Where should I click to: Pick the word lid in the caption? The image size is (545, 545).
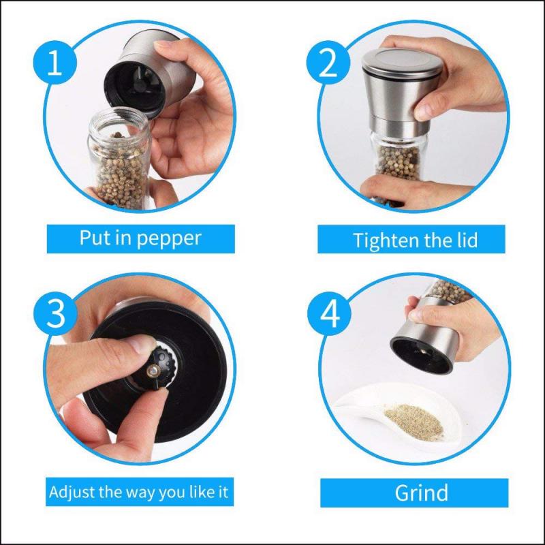pos(463,239)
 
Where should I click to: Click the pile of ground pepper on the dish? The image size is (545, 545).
pos(414,419)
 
